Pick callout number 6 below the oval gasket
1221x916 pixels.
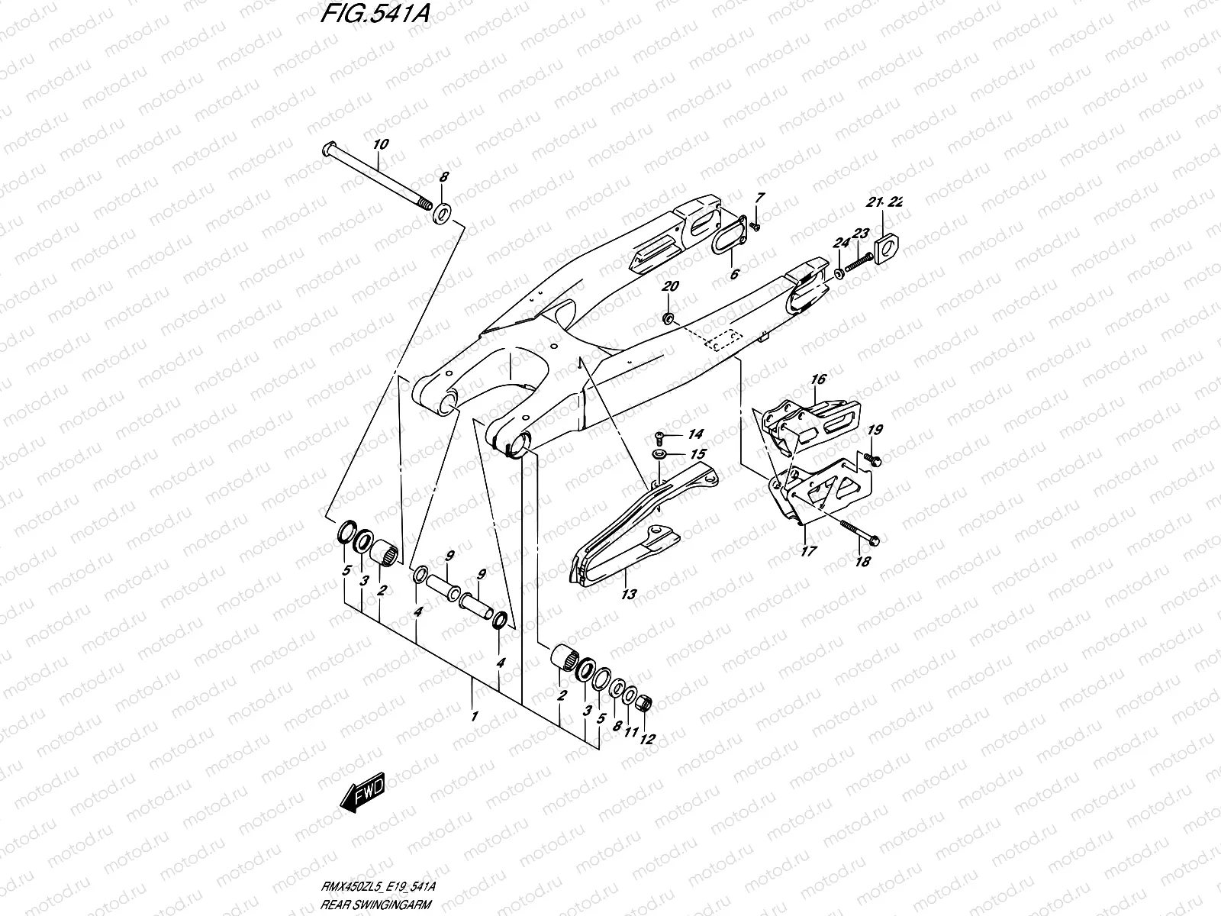coord(735,273)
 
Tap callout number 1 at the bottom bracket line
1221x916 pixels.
coord(475,717)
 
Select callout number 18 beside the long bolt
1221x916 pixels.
coord(862,561)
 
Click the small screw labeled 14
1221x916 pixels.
coord(659,438)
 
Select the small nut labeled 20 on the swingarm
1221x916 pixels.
coord(668,318)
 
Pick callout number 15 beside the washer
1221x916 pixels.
coord(698,454)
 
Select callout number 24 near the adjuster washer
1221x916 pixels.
coord(841,244)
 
